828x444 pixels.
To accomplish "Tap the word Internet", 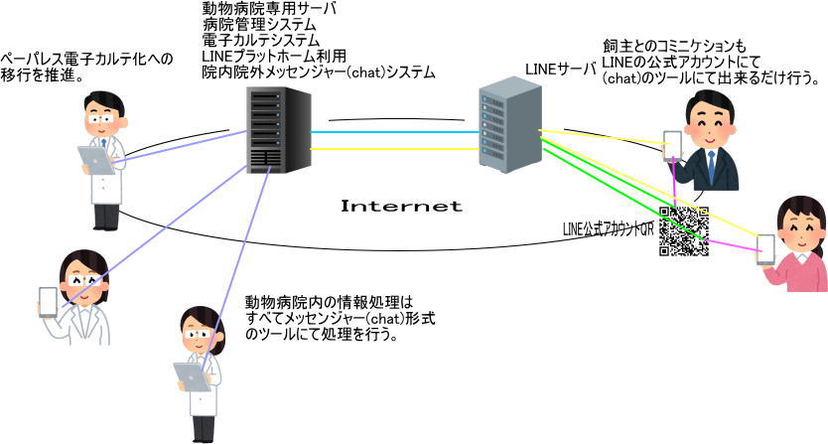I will [401, 207].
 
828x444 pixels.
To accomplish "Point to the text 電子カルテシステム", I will [260, 42].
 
